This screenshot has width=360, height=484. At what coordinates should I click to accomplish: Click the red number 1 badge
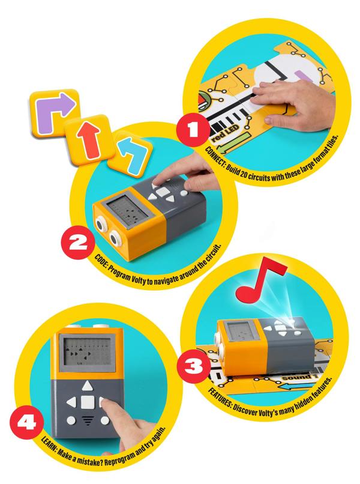tap(193, 130)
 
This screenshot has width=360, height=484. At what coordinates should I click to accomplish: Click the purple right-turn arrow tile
tap(53, 113)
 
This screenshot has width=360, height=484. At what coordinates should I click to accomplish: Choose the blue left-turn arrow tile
tap(131, 154)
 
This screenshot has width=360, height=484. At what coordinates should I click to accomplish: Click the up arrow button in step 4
tap(88, 386)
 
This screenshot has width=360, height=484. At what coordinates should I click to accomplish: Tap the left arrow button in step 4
tap(71, 402)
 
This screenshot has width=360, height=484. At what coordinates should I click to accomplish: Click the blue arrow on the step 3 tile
tap(294, 386)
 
